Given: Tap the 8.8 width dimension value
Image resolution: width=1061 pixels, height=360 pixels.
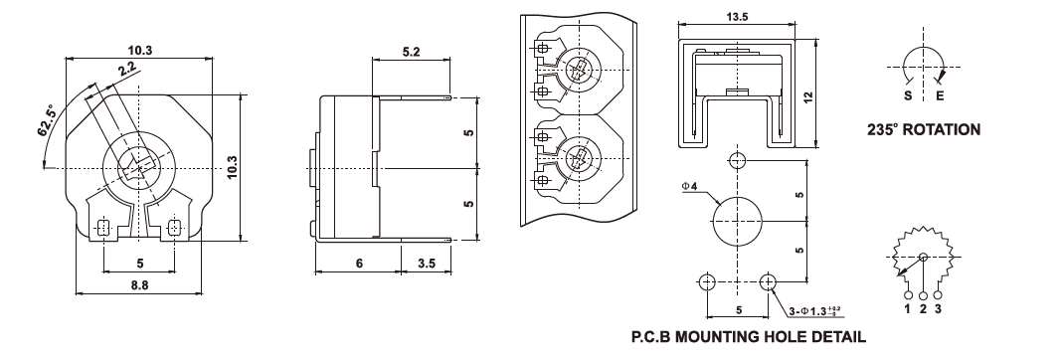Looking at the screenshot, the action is point(138,284).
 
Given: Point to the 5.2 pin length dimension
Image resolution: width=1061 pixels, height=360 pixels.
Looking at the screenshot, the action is point(412,52).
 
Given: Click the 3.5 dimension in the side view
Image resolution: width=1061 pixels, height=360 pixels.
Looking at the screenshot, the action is point(427,264).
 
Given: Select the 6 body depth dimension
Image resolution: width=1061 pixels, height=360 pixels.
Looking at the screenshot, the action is point(359,264).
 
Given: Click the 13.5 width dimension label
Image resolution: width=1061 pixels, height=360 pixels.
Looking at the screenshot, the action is point(737,18).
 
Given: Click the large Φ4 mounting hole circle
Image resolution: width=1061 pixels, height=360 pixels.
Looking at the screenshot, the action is point(738,222).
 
